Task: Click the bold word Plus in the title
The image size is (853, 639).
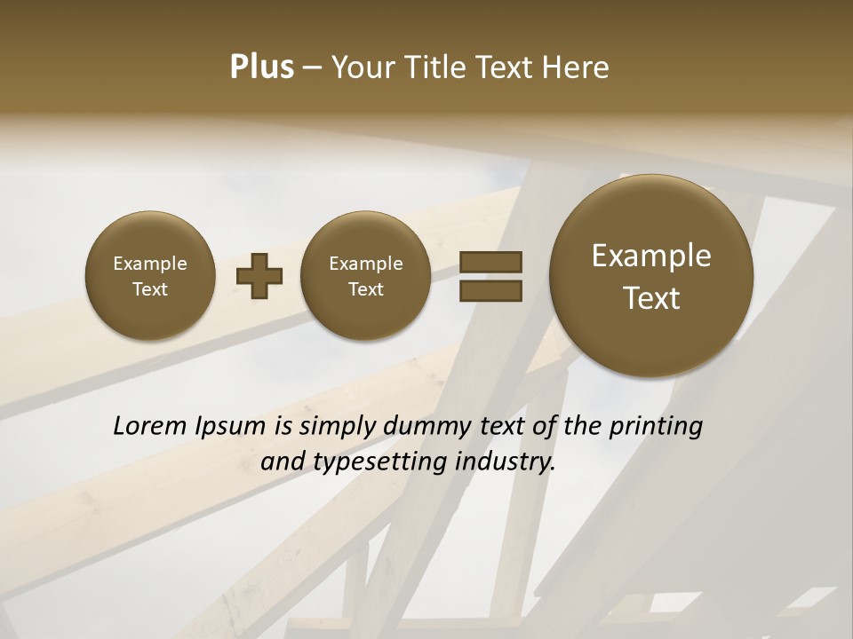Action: [x=262, y=67]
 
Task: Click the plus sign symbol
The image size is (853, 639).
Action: [x=259, y=276]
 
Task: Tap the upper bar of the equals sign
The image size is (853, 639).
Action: [x=490, y=263]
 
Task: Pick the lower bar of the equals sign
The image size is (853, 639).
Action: [x=490, y=289]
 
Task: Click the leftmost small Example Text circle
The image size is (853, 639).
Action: [x=150, y=276]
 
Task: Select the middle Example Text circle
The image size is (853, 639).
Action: [x=365, y=276]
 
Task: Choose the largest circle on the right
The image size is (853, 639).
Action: [x=651, y=276]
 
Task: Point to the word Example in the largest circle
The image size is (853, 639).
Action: [x=651, y=256]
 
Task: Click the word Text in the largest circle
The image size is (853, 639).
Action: [x=651, y=298]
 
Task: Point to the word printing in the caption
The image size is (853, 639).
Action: [x=656, y=427]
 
